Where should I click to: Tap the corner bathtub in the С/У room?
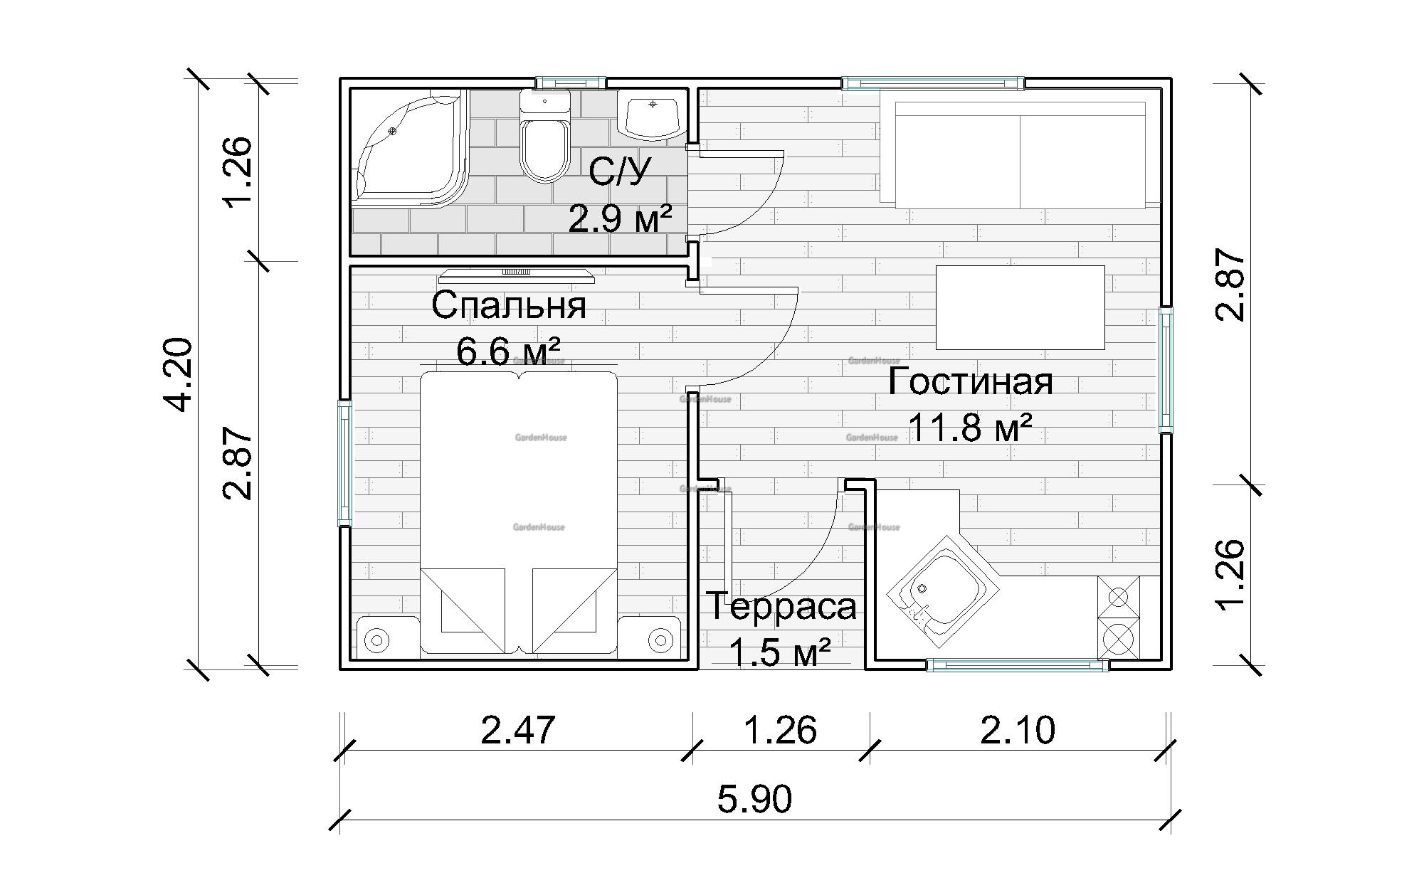click(x=410, y=149)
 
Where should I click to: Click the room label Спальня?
click(x=509, y=305)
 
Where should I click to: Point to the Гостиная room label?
click(x=971, y=381)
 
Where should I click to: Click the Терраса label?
click(x=782, y=607)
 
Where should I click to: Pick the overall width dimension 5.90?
click(x=754, y=798)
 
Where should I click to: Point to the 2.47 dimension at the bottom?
click(x=518, y=730)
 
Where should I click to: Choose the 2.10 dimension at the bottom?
click(x=1018, y=730)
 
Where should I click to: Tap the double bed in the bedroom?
click(x=518, y=512)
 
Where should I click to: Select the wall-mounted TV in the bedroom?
click(x=516, y=275)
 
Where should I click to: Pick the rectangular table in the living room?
click(x=1020, y=307)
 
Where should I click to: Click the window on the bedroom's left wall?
click(x=344, y=463)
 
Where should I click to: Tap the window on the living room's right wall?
click(x=1166, y=369)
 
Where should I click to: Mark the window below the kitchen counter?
click(x=1018, y=666)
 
